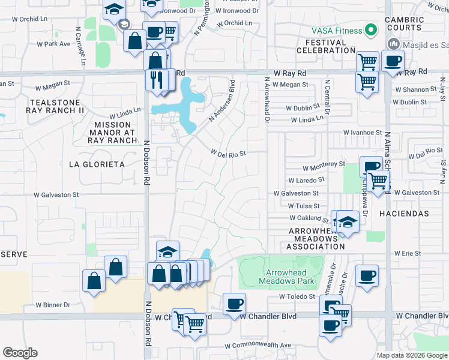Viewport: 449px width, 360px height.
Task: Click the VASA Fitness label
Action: coord(337,31)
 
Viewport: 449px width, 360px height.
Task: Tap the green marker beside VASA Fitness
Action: coord(371,30)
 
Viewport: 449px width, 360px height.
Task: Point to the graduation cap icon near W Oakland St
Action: coord(347,222)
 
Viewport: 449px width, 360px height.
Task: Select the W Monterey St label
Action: coord(324,163)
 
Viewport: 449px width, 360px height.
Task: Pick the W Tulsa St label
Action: coord(303,206)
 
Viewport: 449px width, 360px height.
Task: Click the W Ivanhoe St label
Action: coord(363,132)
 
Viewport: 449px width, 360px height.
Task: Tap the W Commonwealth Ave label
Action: coord(258,346)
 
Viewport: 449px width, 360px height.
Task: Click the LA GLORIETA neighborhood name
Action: coord(97,164)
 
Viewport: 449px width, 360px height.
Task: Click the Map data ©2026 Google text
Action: coord(412,355)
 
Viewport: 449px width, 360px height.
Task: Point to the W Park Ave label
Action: coord(54,44)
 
